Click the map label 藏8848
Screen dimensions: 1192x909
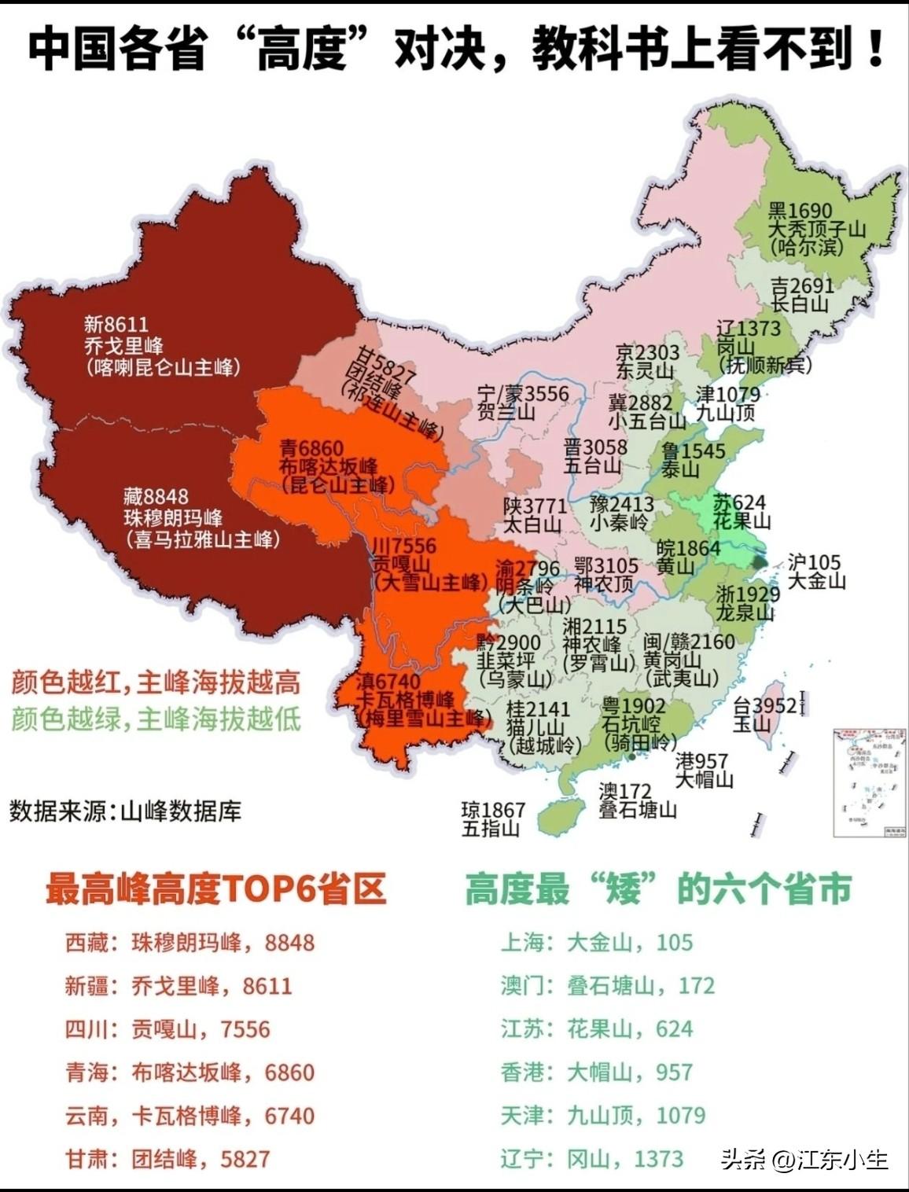click(156, 497)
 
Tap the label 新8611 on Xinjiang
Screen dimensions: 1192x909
click(116, 324)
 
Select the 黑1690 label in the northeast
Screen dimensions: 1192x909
click(799, 211)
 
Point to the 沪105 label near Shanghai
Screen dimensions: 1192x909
click(814, 562)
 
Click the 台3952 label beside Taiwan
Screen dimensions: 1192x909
click(764, 705)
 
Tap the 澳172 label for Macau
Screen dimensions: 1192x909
click(625, 790)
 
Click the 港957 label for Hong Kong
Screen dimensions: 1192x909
click(701, 761)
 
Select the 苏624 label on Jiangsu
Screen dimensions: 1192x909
click(739, 502)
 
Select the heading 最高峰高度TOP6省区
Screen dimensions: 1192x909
click(216, 889)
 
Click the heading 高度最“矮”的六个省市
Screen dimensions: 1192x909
click(658, 889)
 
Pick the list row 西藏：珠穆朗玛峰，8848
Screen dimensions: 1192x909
click(190, 942)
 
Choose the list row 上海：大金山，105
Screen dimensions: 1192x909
click(597, 942)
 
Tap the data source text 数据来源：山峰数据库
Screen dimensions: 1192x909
click(126, 811)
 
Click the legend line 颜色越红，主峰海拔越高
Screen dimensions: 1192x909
click(156, 682)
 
